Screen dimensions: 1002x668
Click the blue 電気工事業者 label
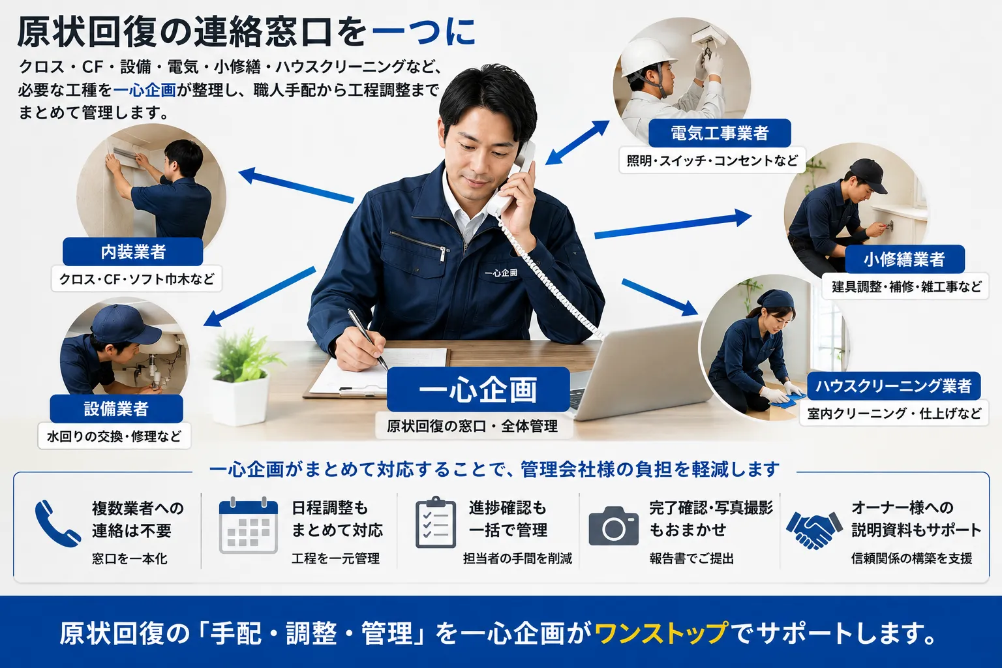pyautogui.click(x=720, y=133)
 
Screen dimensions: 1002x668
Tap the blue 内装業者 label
pyautogui.click(x=133, y=252)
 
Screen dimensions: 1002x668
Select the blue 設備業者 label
pyautogui.click(x=116, y=408)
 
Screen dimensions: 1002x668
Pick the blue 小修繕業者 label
pyautogui.click(x=905, y=259)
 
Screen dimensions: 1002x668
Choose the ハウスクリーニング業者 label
pyautogui.click(x=894, y=386)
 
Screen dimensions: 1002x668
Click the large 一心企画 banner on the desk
pyautogui.click(x=478, y=389)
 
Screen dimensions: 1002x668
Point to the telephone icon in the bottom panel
pyautogui.click(x=57, y=523)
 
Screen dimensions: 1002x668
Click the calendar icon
pyautogui.click(x=249, y=525)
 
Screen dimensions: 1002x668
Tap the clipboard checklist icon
pyautogui.click(x=436, y=523)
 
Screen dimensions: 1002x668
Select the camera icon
pyautogui.click(x=614, y=526)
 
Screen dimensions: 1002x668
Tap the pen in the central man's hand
pyautogui.click(x=368, y=339)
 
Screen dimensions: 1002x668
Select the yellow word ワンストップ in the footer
pyautogui.click(x=661, y=633)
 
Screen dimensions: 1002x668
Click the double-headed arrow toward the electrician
pyautogui.click(x=577, y=143)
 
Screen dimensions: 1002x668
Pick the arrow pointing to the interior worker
pyautogui.click(x=296, y=185)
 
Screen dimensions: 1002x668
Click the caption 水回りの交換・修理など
pyautogui.click(x=114, y=436)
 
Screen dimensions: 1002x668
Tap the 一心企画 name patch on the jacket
pyautogui.click(x=501, y=273)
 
